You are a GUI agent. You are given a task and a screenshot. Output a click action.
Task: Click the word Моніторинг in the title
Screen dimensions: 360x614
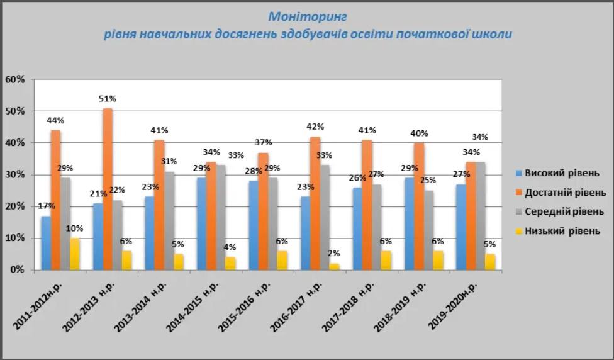pos(308,16)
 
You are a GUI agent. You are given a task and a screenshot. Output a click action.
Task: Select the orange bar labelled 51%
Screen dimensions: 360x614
pos(108,189)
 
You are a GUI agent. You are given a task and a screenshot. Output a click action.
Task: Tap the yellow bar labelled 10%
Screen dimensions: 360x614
pos(75,254)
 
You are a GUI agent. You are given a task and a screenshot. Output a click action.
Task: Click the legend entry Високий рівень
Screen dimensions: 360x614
pos(556,173)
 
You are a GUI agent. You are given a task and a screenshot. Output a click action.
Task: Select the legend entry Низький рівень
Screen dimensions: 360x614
pos(557,231)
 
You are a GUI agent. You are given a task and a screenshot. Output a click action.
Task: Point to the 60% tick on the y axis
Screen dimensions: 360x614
pos(14,79)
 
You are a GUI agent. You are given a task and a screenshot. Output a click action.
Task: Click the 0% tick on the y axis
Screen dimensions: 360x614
pos(17,270)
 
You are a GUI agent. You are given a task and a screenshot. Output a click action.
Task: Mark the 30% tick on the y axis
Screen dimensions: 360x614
pos(14,175)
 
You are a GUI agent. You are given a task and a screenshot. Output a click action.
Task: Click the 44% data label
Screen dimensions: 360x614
pos(56,120)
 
